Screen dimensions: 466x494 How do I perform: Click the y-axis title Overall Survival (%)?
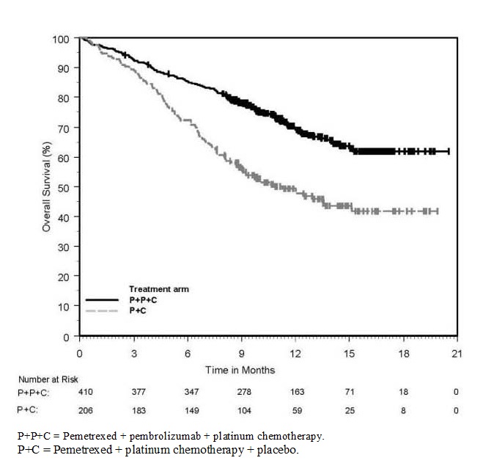pyautogui.click(x=46, y=186)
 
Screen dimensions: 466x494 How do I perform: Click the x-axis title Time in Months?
pyautogui.click(x=240, y=370)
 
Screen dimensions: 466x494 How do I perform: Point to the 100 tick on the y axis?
pyautogui.click(x=64, y=38)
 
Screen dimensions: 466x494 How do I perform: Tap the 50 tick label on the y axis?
pyautogui.click(x=64, y=187)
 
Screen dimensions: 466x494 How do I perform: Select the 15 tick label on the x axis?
pyautogui.click(x=349, y=353)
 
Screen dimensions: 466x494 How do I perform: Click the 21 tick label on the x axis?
pyautogui.click(x=457, y=353)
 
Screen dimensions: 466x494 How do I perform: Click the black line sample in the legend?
pyautogui.click(x=102, y=299)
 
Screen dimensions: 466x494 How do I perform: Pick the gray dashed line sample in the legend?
pyautogui.click(x=102, y=310)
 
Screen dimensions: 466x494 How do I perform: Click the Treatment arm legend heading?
pyautogui.click(x=159, y=289)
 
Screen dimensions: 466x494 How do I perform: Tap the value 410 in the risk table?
pyautogui.click(x=86, y=392)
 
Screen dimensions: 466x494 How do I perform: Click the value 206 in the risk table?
pyautogui.click(x=86, y=410)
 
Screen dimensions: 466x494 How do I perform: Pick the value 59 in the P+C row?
pyautogui.click(x=295, y=410)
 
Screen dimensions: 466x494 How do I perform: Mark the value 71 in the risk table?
pyautogui.click(x=349, y=392)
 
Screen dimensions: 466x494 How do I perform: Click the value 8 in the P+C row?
pyautogui.click(x=402, y=410)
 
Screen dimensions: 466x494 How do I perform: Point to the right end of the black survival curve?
pyautogui.click(x=449, y=151)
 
